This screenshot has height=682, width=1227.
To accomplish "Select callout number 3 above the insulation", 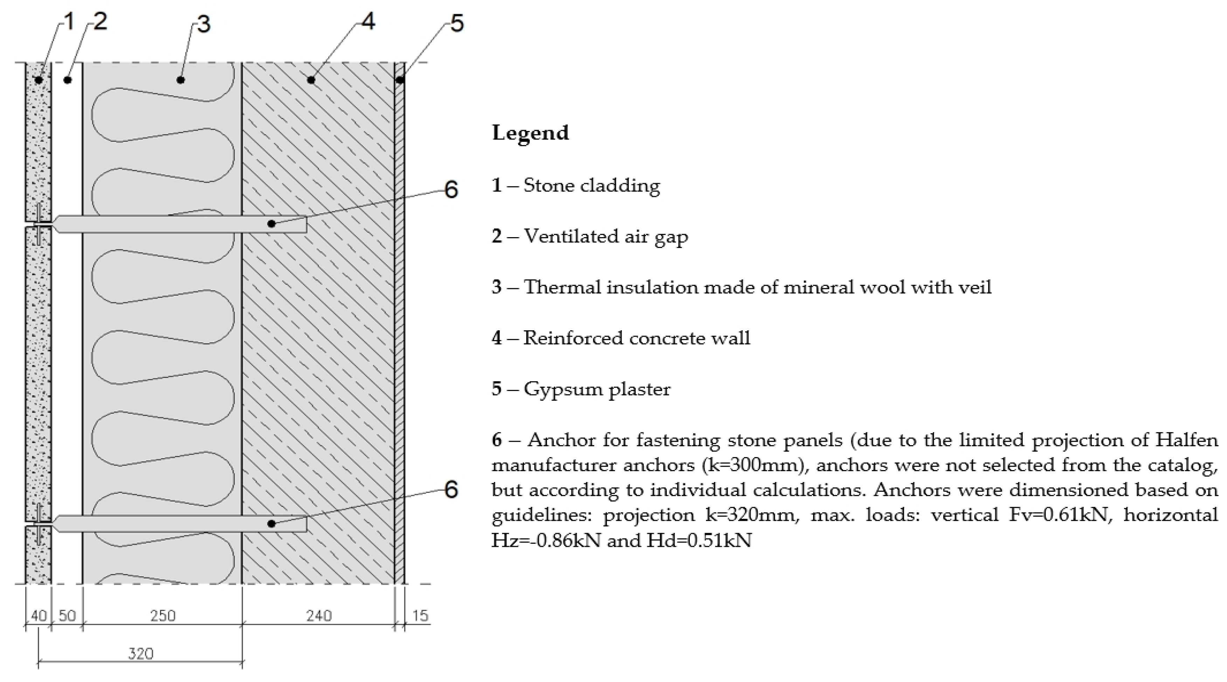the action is coord(203,24).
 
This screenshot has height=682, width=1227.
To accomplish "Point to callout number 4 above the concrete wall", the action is coord(368,21).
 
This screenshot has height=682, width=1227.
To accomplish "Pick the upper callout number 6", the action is coord(451,190).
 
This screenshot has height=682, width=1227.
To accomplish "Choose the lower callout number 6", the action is coord(451,489).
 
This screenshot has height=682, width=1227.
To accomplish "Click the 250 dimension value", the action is coord(163,616).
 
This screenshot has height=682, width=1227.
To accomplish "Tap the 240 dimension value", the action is coord(319,616).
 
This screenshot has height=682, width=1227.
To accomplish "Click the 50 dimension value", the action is coord(67,616).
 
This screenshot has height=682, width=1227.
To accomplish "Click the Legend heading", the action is coord(530,132).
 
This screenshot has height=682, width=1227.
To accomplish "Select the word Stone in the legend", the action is coord(547,185).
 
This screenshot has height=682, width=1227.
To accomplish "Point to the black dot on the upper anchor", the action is coord(271,223).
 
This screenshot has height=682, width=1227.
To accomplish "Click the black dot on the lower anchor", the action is coord(271,524).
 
